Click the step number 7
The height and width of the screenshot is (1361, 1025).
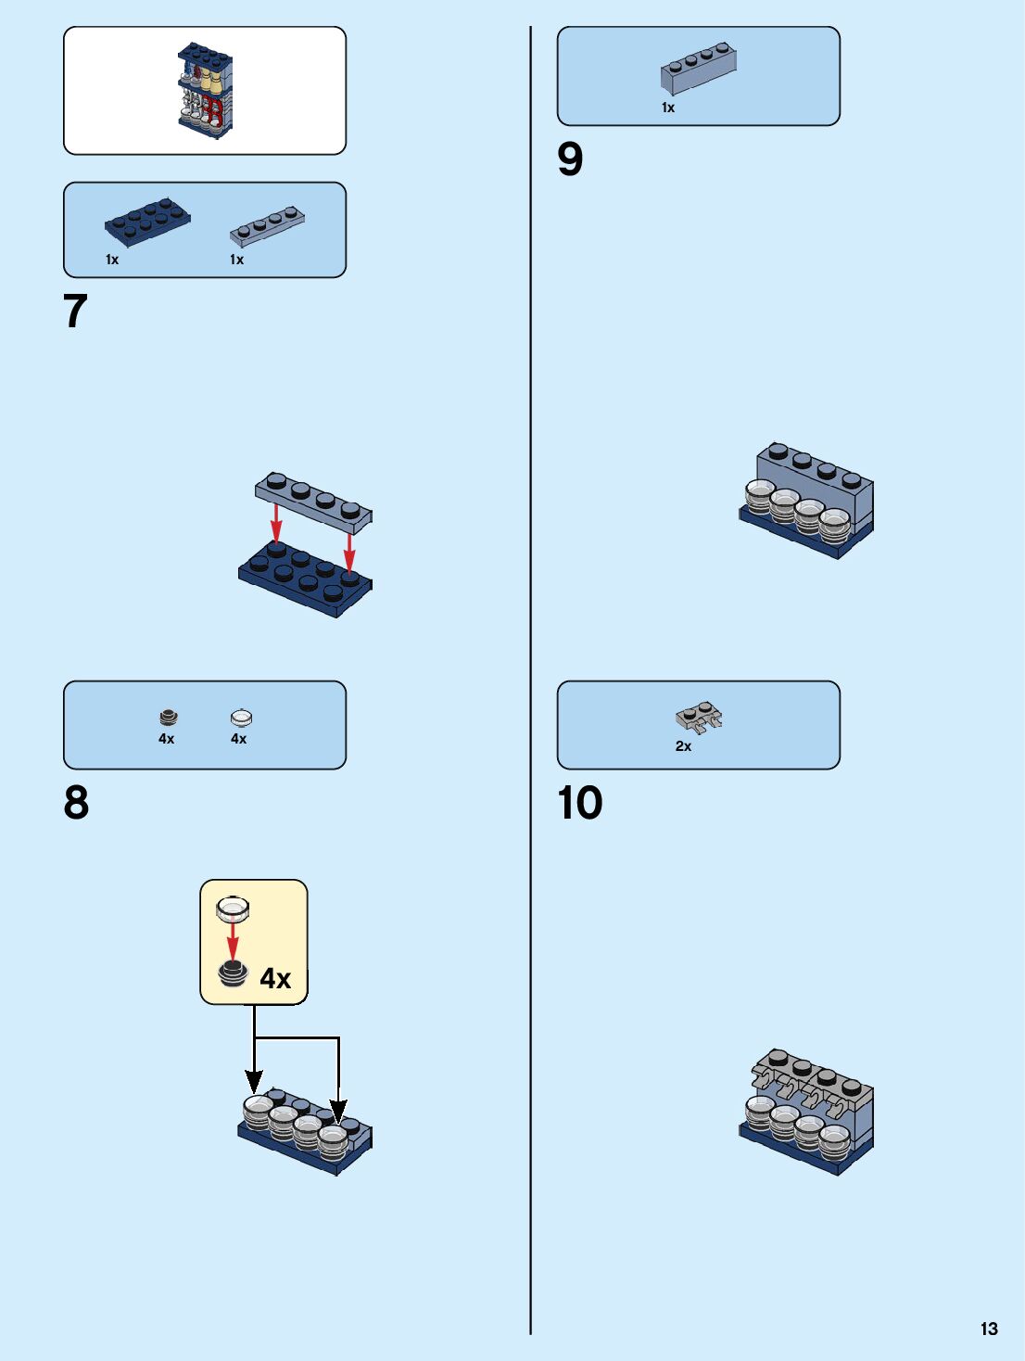[75, 312]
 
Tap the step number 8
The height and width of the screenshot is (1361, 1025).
[76, 803]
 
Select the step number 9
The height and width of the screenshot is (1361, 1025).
[570, 159]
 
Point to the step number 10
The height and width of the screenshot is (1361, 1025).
[580, 803]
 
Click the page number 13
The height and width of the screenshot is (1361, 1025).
[989, 1329]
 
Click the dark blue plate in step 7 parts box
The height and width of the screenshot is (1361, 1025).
[147, 222]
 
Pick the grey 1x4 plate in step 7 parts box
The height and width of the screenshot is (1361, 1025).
[267, 225]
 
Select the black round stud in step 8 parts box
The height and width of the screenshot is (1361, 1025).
[168, 717]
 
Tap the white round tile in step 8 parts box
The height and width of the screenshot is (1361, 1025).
[241, 717]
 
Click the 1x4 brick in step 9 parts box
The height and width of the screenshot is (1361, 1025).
[700, 68]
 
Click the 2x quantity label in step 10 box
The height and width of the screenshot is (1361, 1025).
[683, 746]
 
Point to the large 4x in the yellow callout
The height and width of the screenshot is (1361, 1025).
[275, 978]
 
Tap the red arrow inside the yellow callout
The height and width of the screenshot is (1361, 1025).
[233, 942]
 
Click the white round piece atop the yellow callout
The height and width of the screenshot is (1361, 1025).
[233, 909]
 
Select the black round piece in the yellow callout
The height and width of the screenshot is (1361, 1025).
[233, 973]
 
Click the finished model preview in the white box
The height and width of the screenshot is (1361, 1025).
[205, 91]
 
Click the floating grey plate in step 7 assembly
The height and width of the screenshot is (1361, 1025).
[313, 500]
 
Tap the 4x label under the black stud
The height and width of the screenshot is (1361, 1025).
[166, 739]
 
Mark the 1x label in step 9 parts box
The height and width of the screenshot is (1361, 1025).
[668, 108]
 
